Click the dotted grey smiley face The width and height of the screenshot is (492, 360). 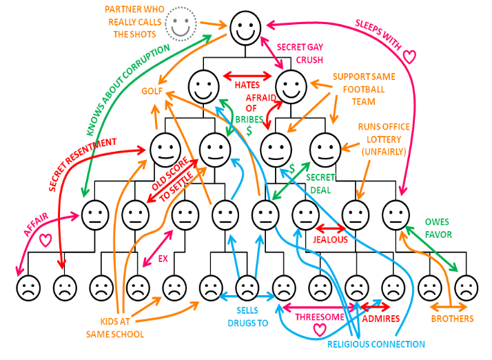(x=181, y=24)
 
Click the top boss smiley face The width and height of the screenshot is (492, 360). (x=245, y=28)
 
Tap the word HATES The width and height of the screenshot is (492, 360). (x=247, y=85)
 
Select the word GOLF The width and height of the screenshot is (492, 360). (x=152, y=91)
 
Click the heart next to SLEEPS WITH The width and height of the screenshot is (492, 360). (x=409, y=57)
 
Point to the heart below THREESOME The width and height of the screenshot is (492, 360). (x=320, y=330)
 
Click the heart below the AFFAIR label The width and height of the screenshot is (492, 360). (x=45, y=240)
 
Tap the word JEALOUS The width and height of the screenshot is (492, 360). (x=330, y=240)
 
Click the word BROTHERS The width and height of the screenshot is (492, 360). (x=452, y=319)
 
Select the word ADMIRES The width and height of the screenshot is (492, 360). (x=380, y=319)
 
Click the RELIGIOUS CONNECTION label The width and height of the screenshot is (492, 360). (x=376, y=344)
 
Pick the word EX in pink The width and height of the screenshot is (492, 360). (x=163, y=259)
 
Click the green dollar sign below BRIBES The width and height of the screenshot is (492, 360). (x=249, y=130)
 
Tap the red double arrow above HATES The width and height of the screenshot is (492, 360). (x=247, y=76)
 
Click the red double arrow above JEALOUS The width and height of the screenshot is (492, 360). (x=330, y=228)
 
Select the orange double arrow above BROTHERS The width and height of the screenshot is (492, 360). (x=449, y=307)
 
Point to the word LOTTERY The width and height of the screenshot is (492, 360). (x=384, y=139)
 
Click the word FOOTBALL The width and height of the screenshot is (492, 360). (x=364, y=90)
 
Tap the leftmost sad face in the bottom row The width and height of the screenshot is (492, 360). (x=28, y=288)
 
